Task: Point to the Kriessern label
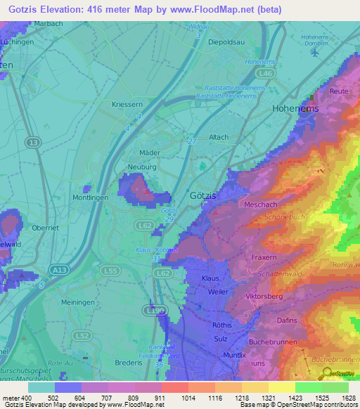pos(127,104)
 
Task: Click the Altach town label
pos(219,137)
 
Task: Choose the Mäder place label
pos(150,152)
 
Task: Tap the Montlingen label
pos(90,198)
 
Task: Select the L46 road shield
pos(265,72)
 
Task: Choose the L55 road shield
pos(110,271)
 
